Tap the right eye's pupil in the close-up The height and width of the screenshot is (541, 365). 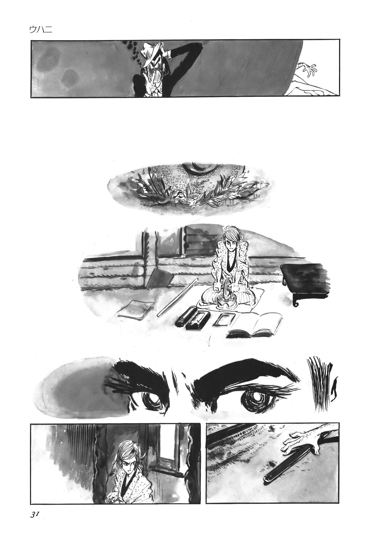pyautogui.click(x=254, y=396)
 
